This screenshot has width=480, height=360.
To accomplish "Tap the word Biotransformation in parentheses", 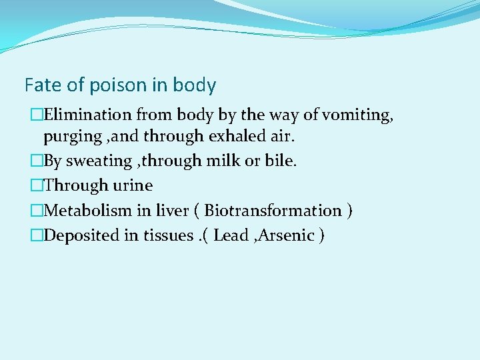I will (x=273, y=211).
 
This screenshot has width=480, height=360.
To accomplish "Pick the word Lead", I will (x=231, y=235).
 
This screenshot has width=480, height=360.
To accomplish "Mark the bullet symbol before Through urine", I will (x=37, y=185).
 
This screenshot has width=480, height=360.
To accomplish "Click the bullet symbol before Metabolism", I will (x=37, y=211).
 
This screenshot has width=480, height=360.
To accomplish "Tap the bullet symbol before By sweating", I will (x=37, y=162).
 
